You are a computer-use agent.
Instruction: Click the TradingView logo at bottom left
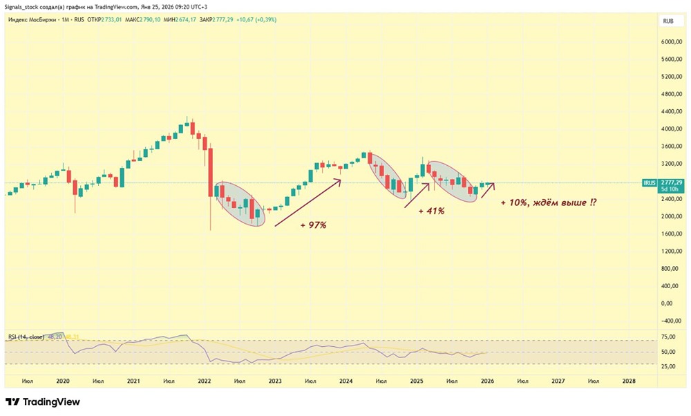tap(43, 401)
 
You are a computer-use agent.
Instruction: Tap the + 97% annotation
tap(313, 225)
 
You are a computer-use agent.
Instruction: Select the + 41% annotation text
tap(431, 211)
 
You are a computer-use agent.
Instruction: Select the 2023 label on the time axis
tap(275, 381)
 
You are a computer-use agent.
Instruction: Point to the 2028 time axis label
tap(629, 381)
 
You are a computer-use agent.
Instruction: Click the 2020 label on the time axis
tap(63, 381)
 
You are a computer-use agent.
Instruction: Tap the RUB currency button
tap(668, 21)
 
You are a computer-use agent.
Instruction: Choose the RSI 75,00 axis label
tap(668, 337)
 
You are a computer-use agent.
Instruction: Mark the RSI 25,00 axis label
tap(668, 366)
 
